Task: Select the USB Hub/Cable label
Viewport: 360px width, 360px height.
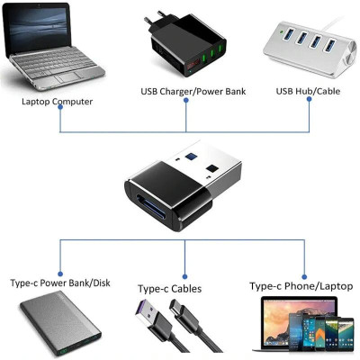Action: (308, 91)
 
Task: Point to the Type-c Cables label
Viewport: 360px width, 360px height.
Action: (169, 289)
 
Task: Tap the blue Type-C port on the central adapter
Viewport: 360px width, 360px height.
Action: (149, 200)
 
